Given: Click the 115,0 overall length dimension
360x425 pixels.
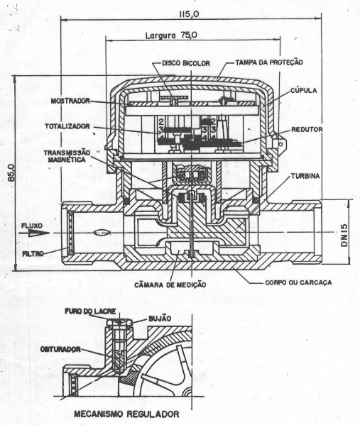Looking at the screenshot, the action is [x=189, y=13].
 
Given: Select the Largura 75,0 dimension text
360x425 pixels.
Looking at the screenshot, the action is [x=171, y=35].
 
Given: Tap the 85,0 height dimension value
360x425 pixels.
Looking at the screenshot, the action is [x=11, y=172].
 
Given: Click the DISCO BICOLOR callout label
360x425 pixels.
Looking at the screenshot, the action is [x=186, y=63].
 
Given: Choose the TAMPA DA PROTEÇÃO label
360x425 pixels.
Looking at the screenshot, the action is [x=269, y=62].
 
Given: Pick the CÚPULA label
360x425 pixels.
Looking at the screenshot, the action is [x=304, y=90].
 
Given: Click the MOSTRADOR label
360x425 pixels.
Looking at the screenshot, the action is [x=70, y=101].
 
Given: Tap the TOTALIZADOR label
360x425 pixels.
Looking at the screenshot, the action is [x=67, y=126].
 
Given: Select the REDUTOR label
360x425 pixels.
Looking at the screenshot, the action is [x=307, y=130].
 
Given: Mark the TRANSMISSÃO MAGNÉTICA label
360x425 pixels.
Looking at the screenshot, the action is [x=67, y=156].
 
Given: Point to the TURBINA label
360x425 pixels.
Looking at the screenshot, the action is [x=305, y=176].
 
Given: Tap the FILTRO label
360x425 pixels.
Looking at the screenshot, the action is [x=33, y=254].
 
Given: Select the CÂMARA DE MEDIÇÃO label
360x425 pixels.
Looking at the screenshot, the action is [x=170, y=285].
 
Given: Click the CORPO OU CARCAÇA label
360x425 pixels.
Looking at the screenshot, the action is [x=298, y=282].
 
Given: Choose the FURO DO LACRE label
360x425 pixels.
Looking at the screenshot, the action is [x=90, y=311].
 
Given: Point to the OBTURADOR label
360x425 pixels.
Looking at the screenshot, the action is [x=60, y=349].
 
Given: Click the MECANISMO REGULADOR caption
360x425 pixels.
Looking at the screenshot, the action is [x=126, y=414].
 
